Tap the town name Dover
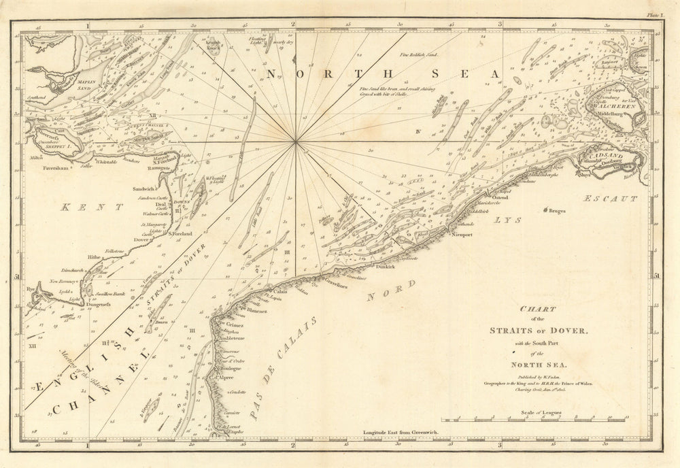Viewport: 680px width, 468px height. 142,239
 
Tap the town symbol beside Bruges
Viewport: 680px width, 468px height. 545,212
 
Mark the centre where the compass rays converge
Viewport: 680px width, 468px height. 296,141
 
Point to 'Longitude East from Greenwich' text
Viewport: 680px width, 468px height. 403,432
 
